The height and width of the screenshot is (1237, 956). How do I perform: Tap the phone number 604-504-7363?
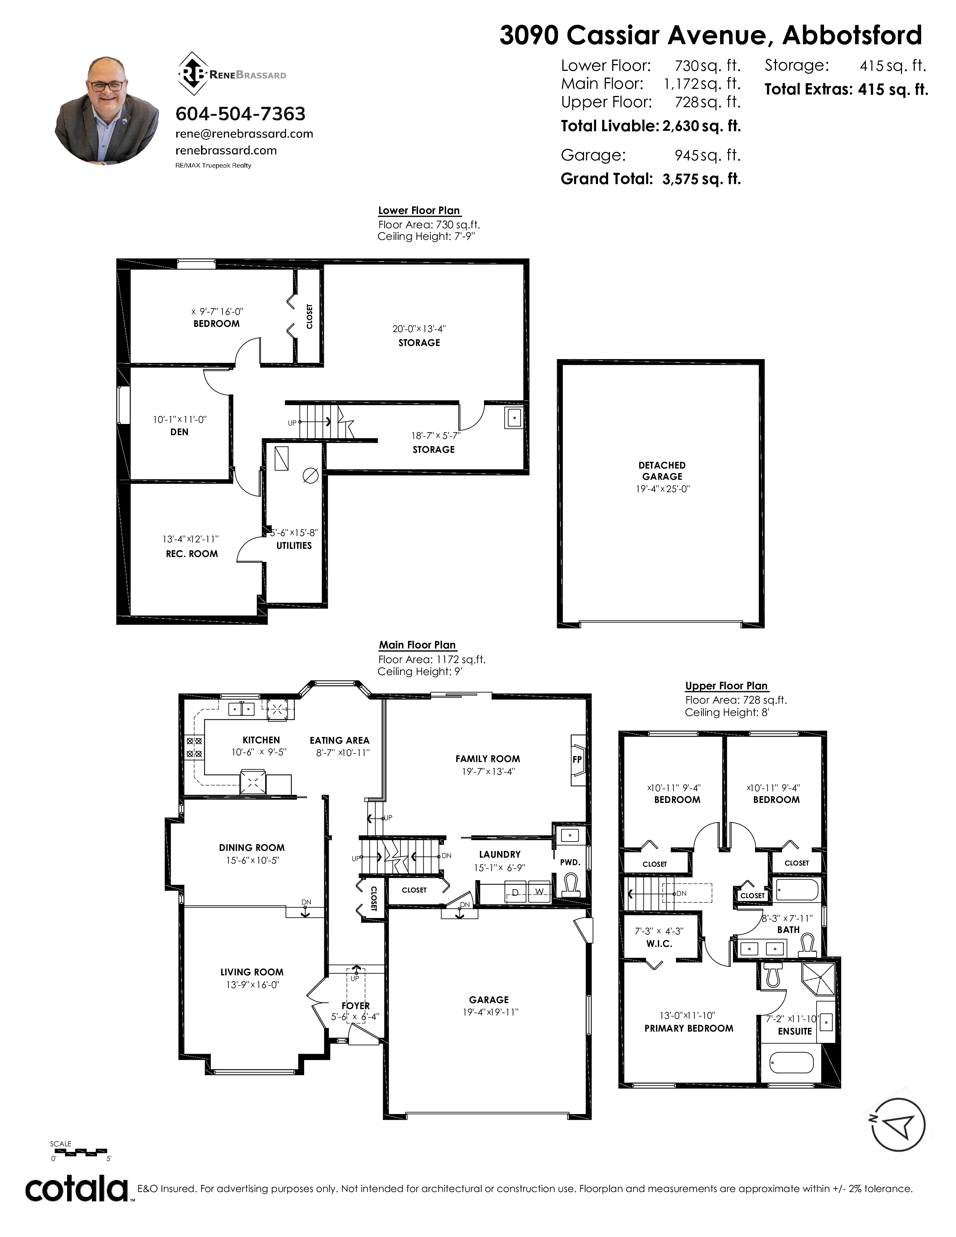240,114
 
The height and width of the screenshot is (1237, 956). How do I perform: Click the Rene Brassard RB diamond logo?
193,73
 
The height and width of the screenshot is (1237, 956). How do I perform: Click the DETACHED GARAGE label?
662,471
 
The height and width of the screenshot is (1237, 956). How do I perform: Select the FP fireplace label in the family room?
577,759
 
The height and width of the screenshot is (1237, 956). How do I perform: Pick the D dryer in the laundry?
515,892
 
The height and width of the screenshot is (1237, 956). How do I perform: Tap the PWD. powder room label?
570,862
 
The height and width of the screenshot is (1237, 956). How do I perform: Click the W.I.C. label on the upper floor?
659,943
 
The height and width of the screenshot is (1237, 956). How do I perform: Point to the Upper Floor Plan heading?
726,686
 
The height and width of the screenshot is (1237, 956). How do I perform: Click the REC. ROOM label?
192,554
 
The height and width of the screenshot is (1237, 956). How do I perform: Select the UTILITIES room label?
294,545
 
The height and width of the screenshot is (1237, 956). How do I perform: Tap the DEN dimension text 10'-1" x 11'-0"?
180,420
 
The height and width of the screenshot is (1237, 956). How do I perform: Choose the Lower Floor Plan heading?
419,211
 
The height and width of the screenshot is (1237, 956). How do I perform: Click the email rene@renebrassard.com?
244,134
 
